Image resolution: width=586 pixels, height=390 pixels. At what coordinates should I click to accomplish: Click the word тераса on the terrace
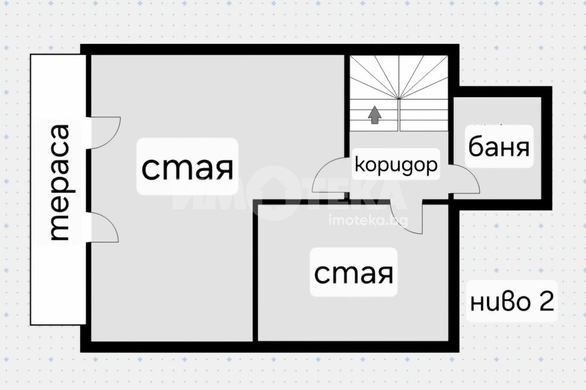[59, 182]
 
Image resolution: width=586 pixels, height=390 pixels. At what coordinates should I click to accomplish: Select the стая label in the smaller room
[353, 273]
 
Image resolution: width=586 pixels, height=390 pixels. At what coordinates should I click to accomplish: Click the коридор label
[396, 165]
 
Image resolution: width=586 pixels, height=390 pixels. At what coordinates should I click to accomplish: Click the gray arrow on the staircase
[374, 115]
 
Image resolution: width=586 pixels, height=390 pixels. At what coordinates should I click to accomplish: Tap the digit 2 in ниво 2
[546, 302]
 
